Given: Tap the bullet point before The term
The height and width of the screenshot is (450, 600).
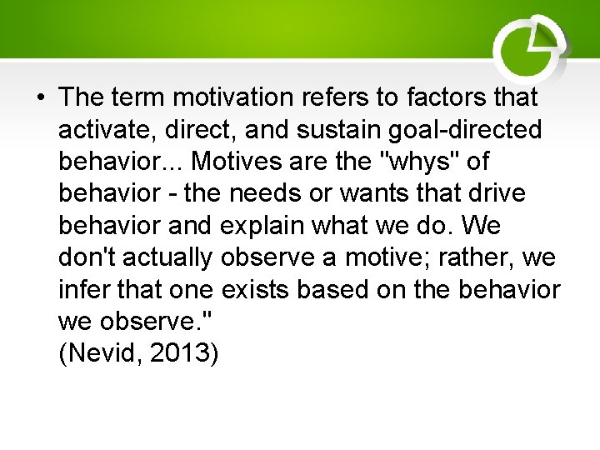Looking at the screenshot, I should click(40, 98).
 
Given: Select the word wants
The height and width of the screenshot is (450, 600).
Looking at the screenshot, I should click(373, 193).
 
